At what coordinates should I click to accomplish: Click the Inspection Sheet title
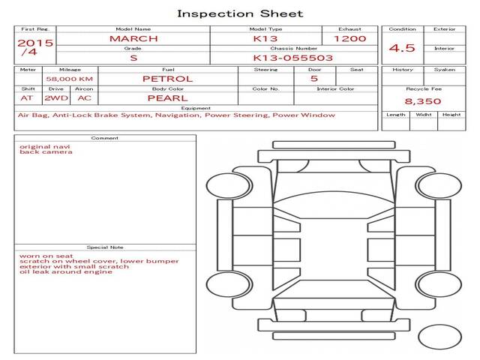240,13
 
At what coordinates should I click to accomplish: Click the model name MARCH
133,38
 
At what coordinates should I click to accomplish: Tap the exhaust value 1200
349,38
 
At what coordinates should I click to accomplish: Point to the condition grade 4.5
402,48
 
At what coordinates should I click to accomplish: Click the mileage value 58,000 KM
70,78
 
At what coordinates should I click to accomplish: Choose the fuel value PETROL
167,78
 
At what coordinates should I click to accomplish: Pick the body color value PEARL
167,97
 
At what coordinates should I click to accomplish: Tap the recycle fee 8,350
423,100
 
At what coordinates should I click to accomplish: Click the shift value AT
27,97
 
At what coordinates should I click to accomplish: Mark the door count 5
313,78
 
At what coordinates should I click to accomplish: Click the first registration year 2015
35,43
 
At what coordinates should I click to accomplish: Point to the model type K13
265,38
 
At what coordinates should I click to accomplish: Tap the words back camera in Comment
46,152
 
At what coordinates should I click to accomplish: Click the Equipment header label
196,108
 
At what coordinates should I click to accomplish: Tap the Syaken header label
444,70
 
